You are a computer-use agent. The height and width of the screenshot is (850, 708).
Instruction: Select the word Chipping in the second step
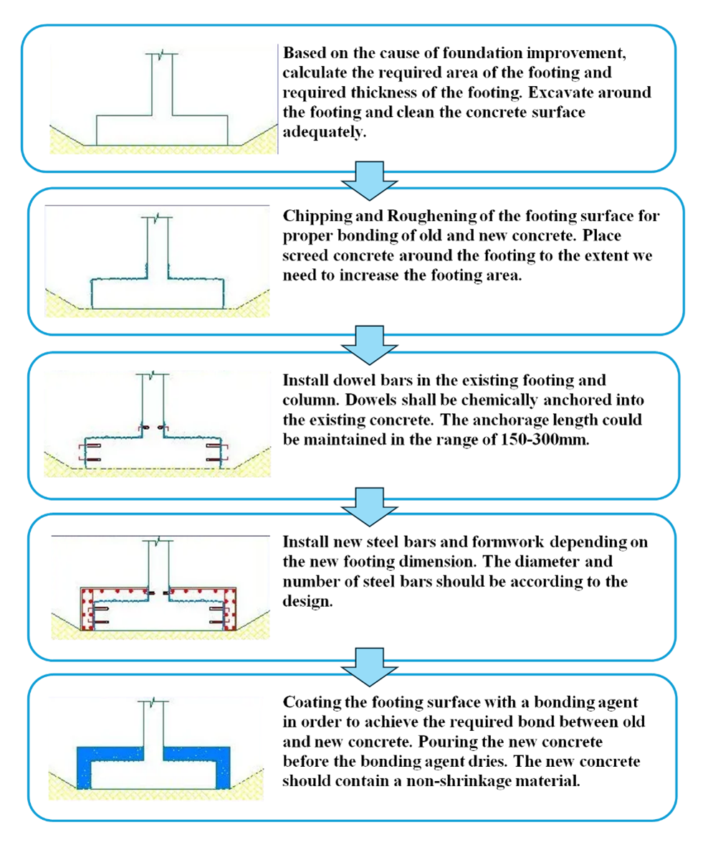313,217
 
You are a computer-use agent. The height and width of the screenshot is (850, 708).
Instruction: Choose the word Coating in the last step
308,702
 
